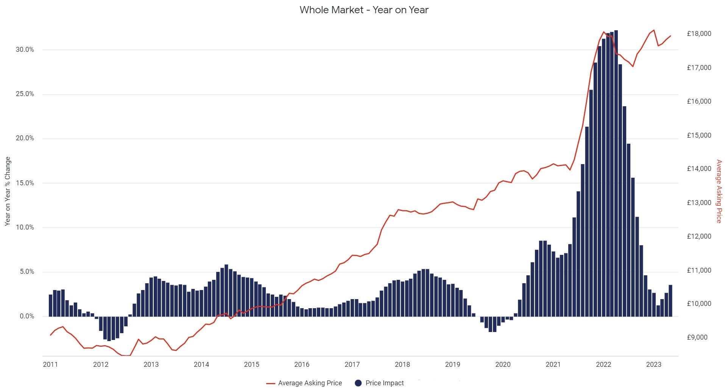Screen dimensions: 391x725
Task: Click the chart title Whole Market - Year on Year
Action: (x=364, y=10)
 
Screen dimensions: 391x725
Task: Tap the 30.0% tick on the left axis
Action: (x=25, y=50)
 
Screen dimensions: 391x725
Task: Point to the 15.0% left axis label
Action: (x=25, y=183)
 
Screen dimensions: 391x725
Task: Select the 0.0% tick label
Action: (x=27, y=316)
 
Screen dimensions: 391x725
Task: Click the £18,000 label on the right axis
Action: (x=699, y=34)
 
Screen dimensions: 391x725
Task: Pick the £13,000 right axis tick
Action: (x=699, y=203)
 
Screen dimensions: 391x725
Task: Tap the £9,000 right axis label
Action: (x=697, y=337)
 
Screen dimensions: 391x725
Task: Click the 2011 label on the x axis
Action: (x=50, y=365)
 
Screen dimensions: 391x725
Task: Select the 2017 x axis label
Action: (x=352, y=365)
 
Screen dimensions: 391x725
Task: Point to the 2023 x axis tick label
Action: (x=653, y=365)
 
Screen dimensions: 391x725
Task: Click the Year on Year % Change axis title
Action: (x=8, y=191)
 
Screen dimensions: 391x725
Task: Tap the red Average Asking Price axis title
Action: (x=719, y=191)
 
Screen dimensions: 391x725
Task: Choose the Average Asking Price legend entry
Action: (x=310, y=383)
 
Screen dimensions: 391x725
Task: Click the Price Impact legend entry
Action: (x=385, y=383)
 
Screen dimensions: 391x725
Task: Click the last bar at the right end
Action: (x=670, y=301)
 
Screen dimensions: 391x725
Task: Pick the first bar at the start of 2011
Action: (x=51, y=306)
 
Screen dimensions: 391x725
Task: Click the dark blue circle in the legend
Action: (x=358, y=383)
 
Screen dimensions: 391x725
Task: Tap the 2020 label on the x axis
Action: (x=503, y=365)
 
